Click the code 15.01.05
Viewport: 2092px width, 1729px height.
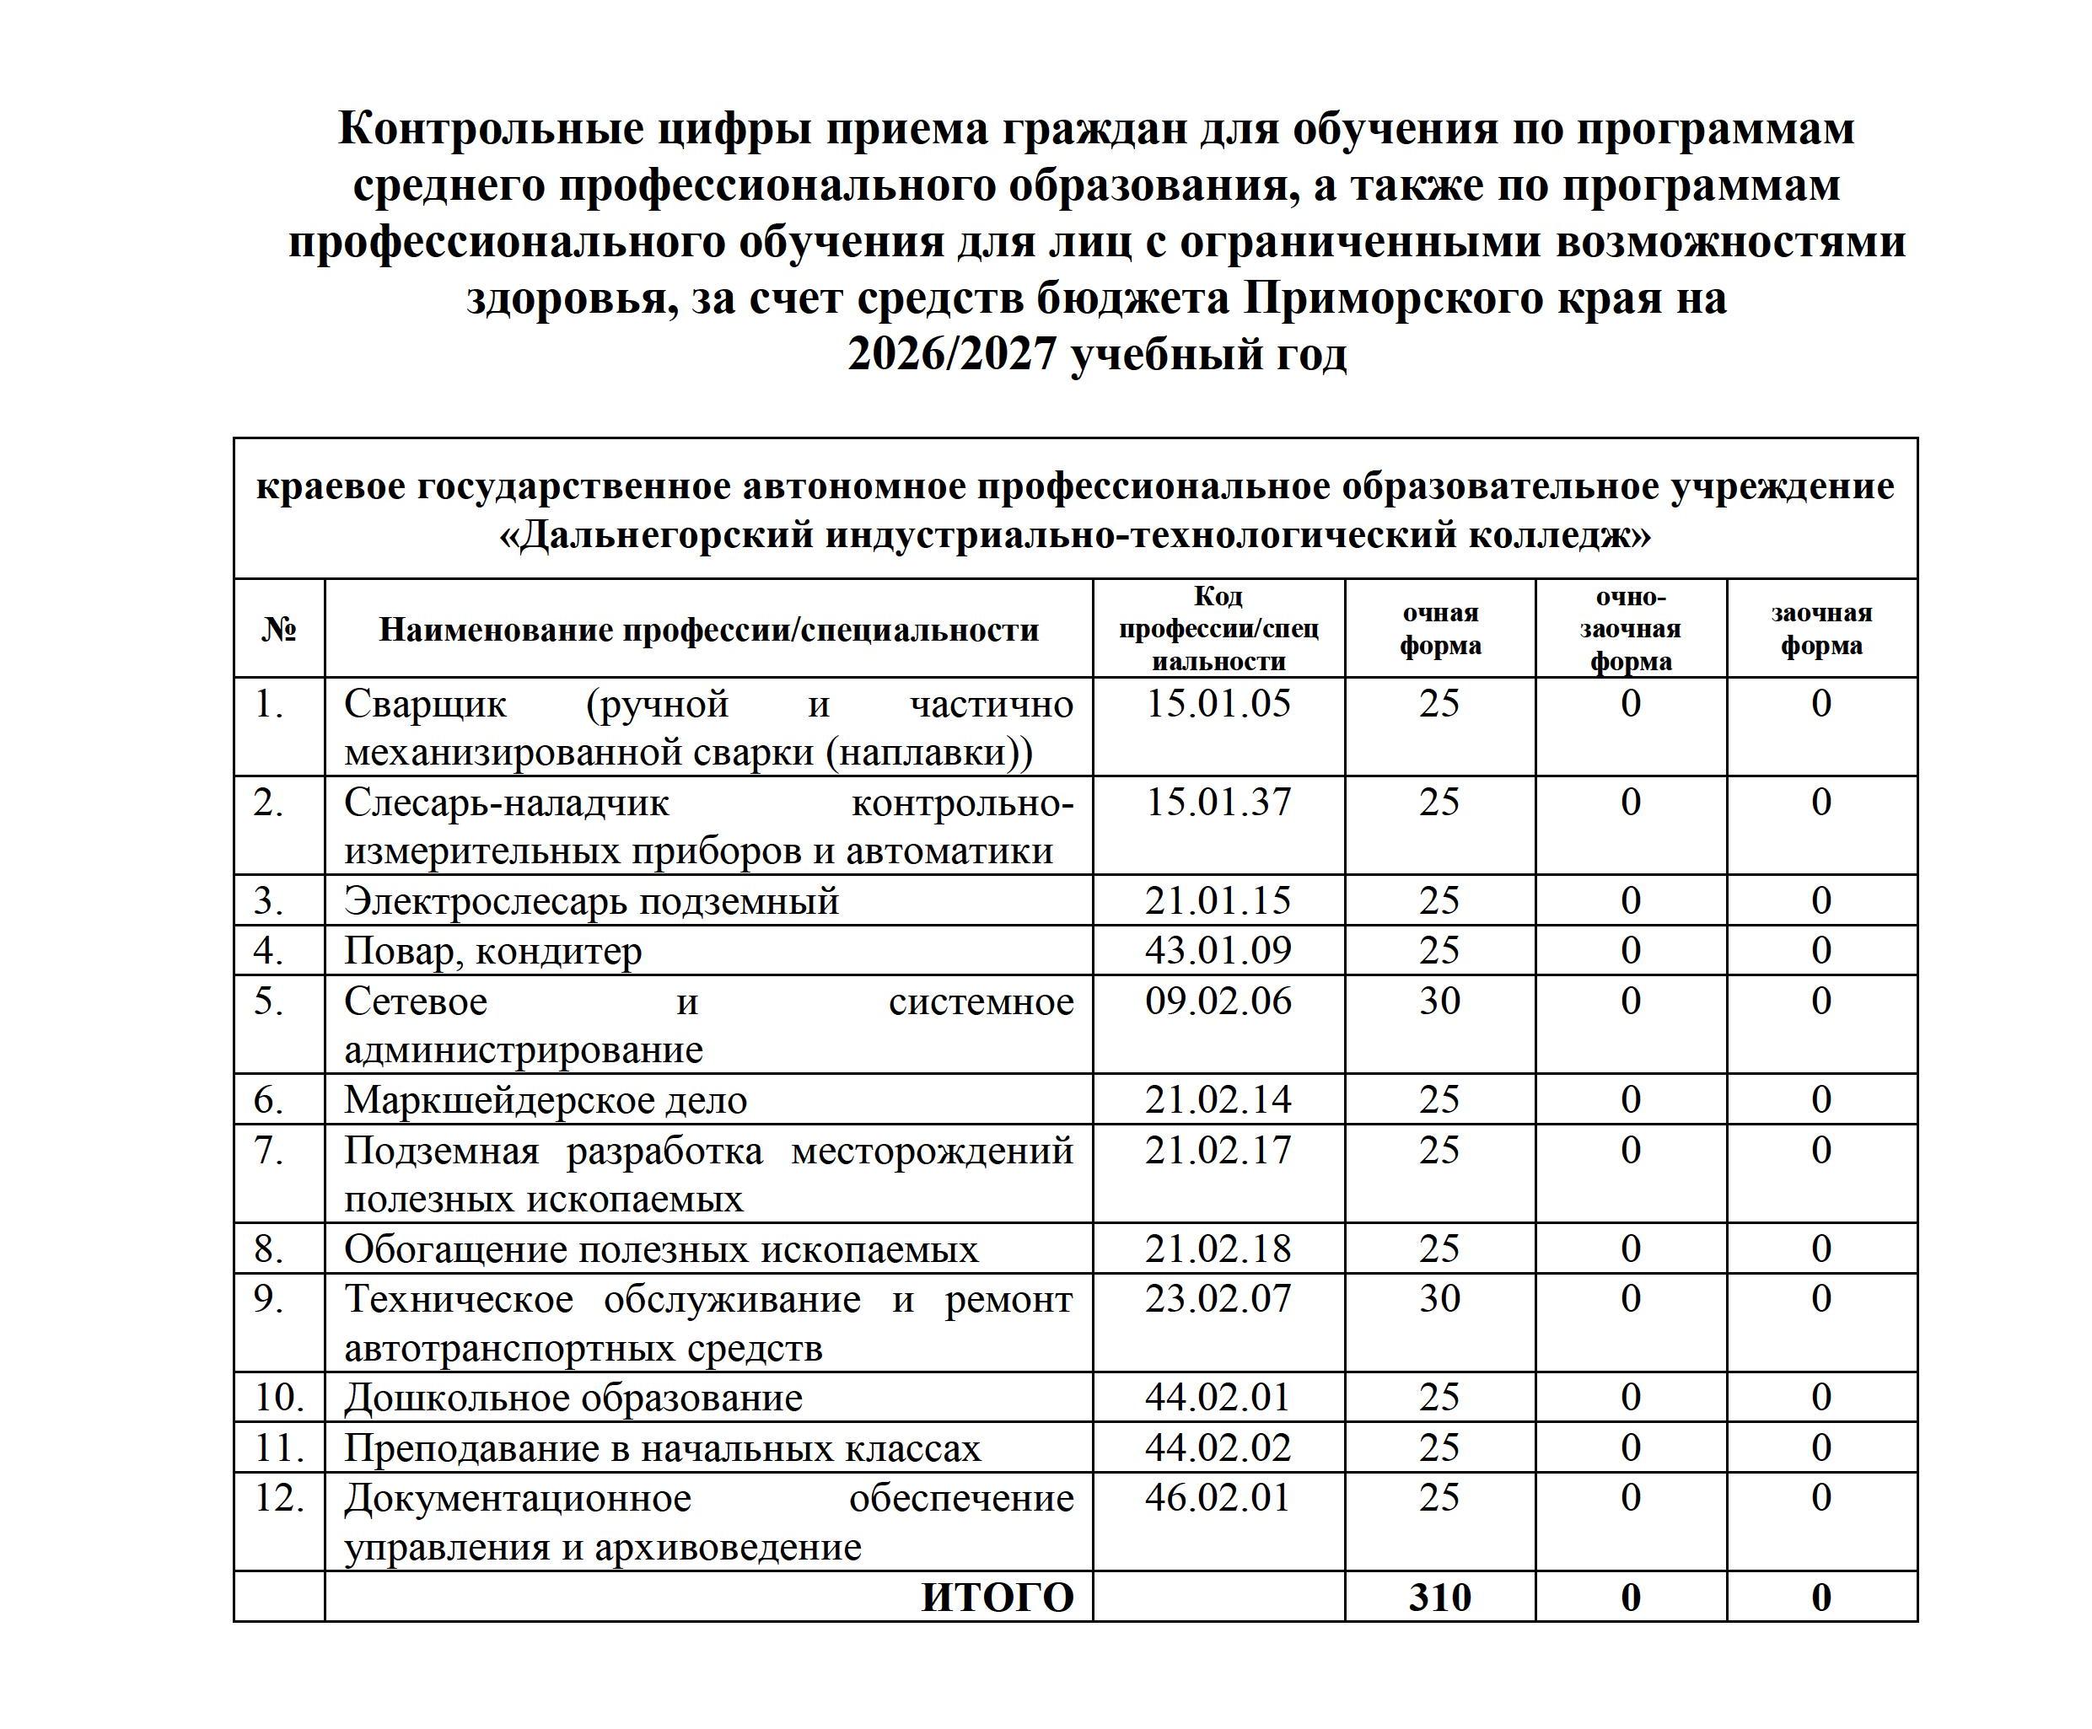click(1218, 704)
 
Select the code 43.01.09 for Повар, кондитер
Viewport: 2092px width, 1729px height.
click(1218, 950)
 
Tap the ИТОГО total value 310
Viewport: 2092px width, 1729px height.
click(1439, 1597)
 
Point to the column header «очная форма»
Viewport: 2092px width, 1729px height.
click(1439, 628)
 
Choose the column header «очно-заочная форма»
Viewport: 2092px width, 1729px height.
click(1630, 628)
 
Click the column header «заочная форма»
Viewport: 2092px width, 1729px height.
click(1821, 628)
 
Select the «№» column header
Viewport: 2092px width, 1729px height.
click(279, 628)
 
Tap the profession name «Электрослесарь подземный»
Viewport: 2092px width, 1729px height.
click(591, 900)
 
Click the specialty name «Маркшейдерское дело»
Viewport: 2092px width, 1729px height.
click(545, 1099)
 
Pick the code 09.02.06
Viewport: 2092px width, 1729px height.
click(1218, 1001)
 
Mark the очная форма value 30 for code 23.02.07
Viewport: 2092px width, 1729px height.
click(1439, 1299)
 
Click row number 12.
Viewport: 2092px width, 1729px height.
click(279, 1498)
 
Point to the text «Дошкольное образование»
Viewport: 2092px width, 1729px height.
click(573, 1398)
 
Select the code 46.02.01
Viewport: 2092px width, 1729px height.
click(1218, 1498)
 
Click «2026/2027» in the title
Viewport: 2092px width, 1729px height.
click(950, 355)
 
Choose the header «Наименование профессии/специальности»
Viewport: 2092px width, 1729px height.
click(708, 628)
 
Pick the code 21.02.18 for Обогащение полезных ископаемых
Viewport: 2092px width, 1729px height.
click(1218, 1249)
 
